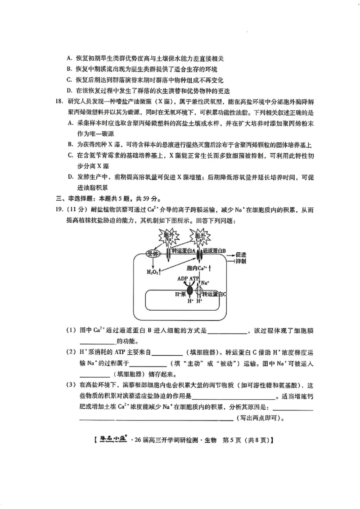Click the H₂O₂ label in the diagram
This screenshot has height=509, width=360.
point(153,272)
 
